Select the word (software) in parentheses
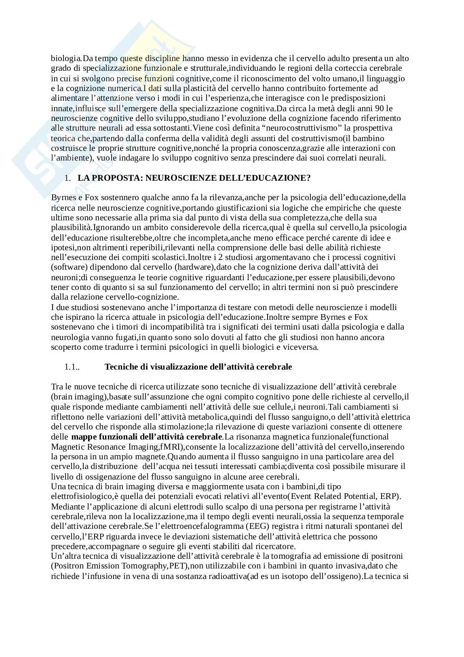67,267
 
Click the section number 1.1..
72,367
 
